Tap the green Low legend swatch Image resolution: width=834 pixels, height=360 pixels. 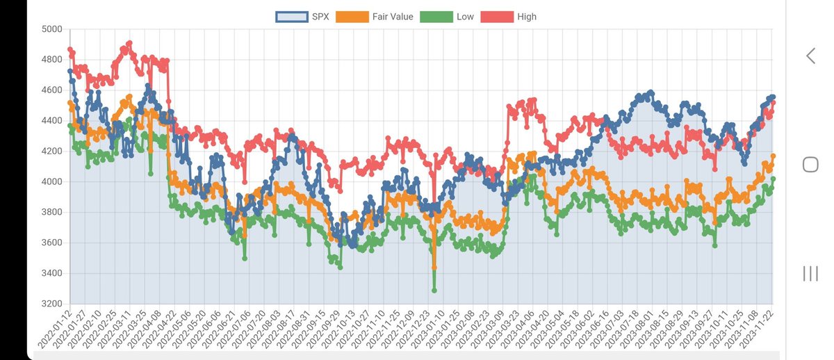pos(438,17)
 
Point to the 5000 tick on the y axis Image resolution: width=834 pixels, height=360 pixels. pos(51,29)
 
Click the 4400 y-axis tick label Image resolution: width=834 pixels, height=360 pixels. pos(51,121)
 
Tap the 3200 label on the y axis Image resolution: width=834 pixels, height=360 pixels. pos(51,304)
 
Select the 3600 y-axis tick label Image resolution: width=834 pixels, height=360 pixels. pos(51,243)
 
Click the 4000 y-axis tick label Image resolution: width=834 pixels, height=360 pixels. pos(51,181)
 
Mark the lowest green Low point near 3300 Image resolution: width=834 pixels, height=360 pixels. pos(434,291)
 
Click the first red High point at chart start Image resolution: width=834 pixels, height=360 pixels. pos(70,49)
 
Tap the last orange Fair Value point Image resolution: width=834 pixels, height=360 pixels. pos(774,156)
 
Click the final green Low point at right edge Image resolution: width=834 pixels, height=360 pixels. pos(774,179)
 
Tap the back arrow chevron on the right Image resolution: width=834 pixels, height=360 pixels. pos(810,56)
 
